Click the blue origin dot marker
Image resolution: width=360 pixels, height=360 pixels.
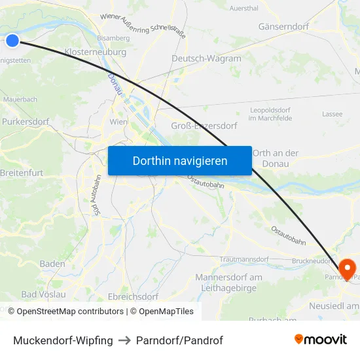12,41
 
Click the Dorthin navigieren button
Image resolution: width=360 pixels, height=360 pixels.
180,160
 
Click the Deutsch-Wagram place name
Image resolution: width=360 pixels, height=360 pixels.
206,58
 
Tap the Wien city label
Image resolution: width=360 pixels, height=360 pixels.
118,122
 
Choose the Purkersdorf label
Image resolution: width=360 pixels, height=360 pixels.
26,122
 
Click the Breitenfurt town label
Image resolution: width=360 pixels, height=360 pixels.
23,173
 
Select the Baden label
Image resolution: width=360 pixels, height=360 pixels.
52,264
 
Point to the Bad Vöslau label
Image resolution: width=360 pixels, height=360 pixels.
44,295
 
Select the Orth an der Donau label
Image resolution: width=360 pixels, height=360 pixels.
275,158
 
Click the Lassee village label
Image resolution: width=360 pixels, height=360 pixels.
333,114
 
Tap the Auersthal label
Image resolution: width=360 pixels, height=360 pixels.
243,8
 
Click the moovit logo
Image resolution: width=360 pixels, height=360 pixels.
321,340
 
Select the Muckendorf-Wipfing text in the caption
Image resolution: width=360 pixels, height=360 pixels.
63,340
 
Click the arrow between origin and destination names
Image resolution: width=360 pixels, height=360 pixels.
124,340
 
